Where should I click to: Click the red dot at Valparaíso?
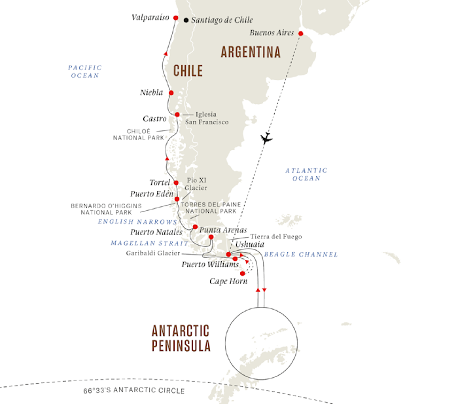[175, 18]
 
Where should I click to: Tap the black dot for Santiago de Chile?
[186, 20]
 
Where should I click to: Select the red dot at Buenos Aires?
[300, 33]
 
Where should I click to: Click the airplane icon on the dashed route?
[266, 138]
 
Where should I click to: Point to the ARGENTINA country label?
[251, 52]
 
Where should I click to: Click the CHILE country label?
[188, 71]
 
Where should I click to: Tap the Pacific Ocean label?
[85, 71]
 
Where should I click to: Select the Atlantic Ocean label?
[306, 174]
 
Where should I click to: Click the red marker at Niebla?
[171, 93]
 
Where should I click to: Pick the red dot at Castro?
[177, 115]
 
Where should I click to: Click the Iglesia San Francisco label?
[207, 118]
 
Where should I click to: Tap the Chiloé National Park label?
[139, 134]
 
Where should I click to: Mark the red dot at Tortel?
[176, 183]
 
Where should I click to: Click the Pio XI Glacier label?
[196, 184]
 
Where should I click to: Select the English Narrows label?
[137, 222]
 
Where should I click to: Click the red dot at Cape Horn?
[243, 274]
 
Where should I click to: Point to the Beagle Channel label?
[301, 254]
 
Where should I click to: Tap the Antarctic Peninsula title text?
[181, 339]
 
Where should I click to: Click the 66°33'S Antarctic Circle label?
[134, 390]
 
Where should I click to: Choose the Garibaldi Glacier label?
[153, 253]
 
